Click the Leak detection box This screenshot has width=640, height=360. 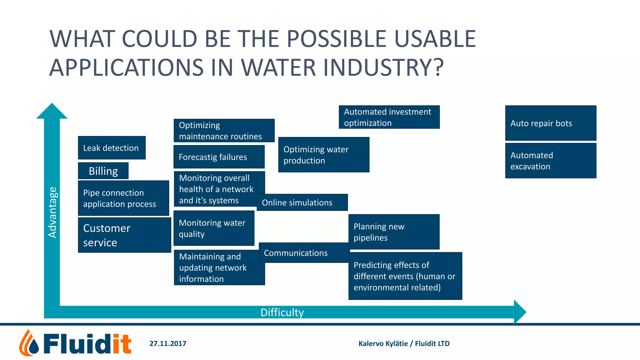pos(112,148)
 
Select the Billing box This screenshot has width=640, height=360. pos(103,171)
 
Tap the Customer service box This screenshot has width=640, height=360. pos(124,235)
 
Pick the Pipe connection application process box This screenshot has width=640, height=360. pos(123,198)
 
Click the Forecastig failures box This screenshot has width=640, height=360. pos(219,157)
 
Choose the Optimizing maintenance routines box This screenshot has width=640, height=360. pos(224,131)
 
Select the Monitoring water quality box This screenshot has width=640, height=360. pos(214,228)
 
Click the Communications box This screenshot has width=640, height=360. pos(304,253)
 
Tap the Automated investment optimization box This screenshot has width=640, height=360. pos(389,117)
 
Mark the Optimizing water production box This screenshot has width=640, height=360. pos(324,155)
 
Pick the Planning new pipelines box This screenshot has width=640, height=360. pos(394,232)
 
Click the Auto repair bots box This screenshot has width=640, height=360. pos(551,123)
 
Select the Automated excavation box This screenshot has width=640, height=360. pos(551,161)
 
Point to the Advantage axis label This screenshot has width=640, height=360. pos(52,212)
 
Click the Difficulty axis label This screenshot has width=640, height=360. pos(282,312)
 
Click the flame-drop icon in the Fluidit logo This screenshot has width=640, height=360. pos(29,344)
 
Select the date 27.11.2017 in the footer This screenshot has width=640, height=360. pos(168,344)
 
